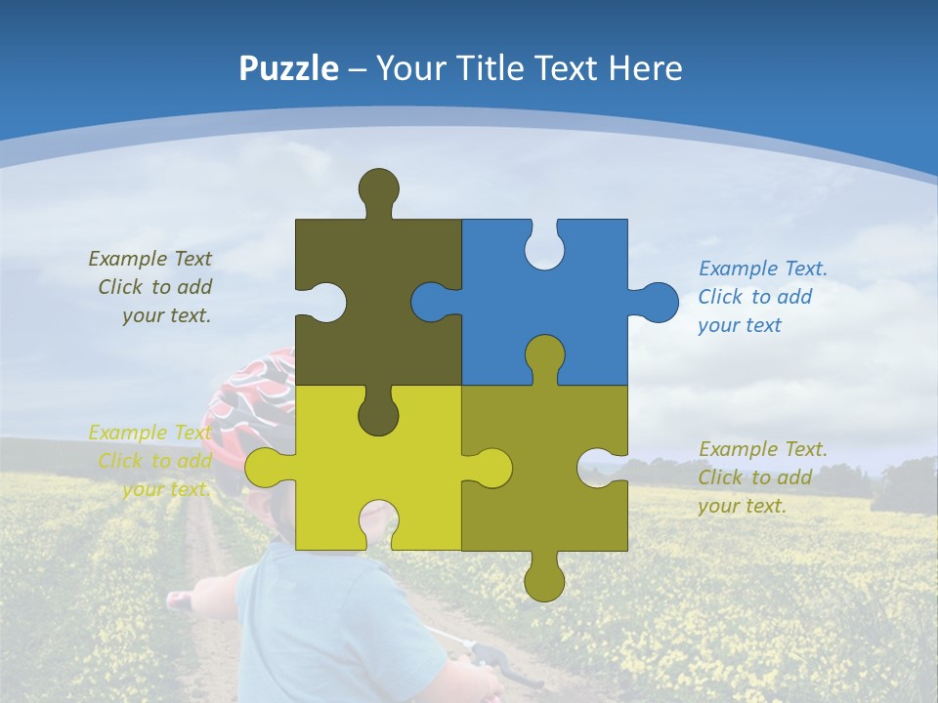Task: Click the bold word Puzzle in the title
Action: pyautogui.click(x=288, y=68)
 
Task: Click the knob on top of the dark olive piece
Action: pyautogui.click(x=378, y=188)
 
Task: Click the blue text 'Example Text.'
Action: pyautogui.click(x=762, y=269)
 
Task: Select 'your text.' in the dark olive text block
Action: pyautogui.click(x=166, y=315)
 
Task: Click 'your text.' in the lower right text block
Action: pyautogui.click(x=742, y=506)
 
